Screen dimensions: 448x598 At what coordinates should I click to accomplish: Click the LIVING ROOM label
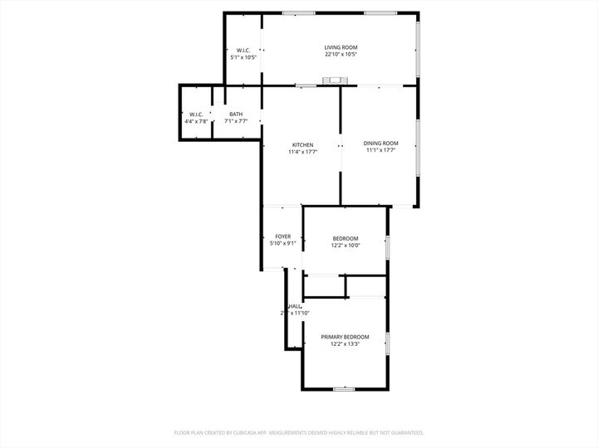[x=341, y=47]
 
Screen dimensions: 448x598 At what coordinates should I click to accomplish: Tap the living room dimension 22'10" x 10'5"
[x=341, y=56]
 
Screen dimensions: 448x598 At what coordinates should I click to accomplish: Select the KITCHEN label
[x=301, y=144]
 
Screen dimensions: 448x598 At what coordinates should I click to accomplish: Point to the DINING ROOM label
[x=380, y=144]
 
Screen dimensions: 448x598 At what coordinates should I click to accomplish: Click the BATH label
[x=237, y=114]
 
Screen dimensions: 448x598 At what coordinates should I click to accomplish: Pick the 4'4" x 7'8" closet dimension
[x=196, y=122]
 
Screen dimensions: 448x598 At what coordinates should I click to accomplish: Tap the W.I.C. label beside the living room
[x=243, y=50]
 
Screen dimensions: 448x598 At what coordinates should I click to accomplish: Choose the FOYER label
[x=283, y=236]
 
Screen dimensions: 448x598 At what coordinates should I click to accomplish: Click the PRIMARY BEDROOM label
[x=345, y=337]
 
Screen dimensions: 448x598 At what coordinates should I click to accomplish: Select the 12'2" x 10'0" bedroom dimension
[x=345, y=245]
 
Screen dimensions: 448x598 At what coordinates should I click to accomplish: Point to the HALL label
[x=295, y=306]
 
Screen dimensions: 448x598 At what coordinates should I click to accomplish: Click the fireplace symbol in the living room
[x=338, y=80]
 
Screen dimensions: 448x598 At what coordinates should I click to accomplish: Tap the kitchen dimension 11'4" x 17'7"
[x=301, y=152]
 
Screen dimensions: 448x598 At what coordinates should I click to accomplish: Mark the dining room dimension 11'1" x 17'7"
[x=380, y=151]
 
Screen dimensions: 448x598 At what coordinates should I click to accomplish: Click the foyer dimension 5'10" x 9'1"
[x=283, y=244]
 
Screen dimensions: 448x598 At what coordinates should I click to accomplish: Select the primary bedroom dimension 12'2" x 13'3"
[x=345, y=344]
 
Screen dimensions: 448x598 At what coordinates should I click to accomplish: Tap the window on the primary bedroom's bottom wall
[x=344, y=388]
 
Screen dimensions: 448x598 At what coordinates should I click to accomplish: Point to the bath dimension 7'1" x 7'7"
[x=237, y=122]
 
